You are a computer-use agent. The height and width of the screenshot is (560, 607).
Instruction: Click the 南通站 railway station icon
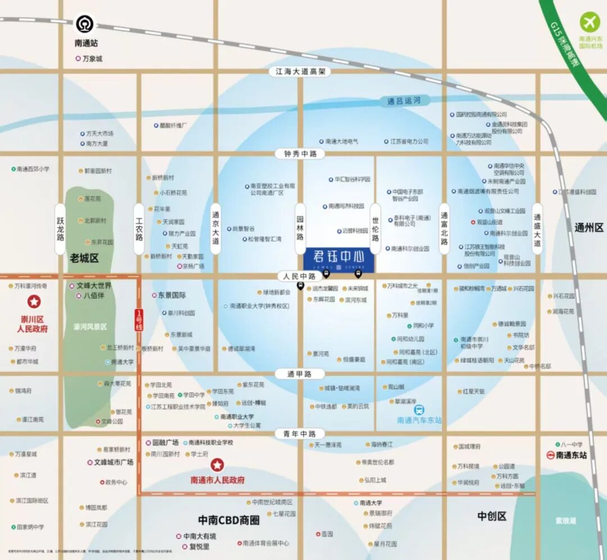[x=86, y=24]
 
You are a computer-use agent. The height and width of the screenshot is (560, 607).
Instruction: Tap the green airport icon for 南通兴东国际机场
[x=590, y=21]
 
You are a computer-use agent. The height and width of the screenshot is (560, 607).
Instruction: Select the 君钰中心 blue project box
[x=338, y=260]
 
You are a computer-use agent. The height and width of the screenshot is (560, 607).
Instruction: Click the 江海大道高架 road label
[x=300, y=72]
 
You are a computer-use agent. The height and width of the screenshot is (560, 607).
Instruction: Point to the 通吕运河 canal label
[x=404, y=101]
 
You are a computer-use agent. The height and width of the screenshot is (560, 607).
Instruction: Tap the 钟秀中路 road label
[x=300, y=153]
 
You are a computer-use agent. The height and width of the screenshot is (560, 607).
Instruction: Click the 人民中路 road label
[x=300, y=276]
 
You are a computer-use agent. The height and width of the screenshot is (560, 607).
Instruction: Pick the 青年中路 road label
[x=300, y=433]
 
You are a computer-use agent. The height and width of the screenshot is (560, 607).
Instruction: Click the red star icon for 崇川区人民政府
[x=35, y=302]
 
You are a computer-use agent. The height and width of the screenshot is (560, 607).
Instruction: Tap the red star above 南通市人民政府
[x=218, y=465]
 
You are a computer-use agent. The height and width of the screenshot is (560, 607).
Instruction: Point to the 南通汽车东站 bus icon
[x=419, y=410]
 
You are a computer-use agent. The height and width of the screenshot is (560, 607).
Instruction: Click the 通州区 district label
[x=588, y=228]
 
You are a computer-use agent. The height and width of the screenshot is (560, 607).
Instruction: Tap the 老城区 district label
[x=84, y=258]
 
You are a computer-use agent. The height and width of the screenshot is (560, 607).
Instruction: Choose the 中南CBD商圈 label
[x=229, y=520]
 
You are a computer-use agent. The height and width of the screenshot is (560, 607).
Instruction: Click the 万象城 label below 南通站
[x=92, y=58]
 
